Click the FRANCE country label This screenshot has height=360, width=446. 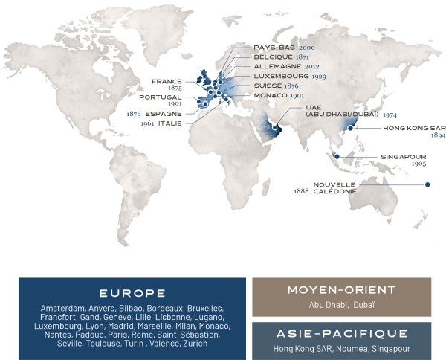point(167,80)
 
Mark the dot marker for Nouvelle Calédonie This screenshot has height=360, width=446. point(427,184)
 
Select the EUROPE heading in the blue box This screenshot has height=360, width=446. point(132,292)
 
